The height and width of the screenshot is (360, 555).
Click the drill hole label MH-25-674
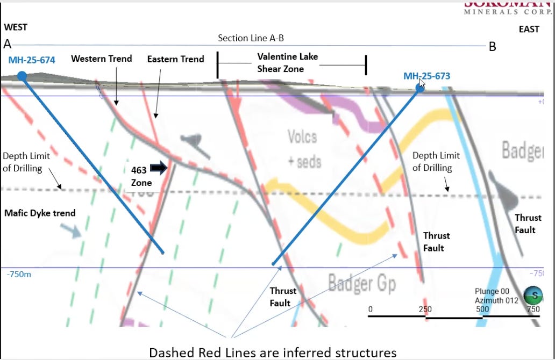(32, 60)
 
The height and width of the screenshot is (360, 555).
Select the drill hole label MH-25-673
(426, 76)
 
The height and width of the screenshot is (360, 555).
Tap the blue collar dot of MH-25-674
(22, 76)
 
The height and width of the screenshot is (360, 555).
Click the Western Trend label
(102, 59)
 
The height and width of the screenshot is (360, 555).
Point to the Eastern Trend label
(175, 59)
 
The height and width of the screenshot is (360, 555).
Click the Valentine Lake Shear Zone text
(287, 62)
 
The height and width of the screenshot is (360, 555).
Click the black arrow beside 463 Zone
(159, 168)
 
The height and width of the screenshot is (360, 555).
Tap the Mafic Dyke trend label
(40, 213)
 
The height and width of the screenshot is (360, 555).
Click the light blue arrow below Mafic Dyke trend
(70, 231)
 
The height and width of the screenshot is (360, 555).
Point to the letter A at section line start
(8, 45)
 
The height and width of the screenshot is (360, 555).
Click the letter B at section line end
(492, 47)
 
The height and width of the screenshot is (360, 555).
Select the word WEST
(16, 27)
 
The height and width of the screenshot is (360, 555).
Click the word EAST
(529, 30)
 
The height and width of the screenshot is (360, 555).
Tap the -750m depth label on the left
(19, 275)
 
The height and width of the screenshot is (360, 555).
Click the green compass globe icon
(533, 294)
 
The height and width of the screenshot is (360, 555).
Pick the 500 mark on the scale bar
(482, 309)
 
